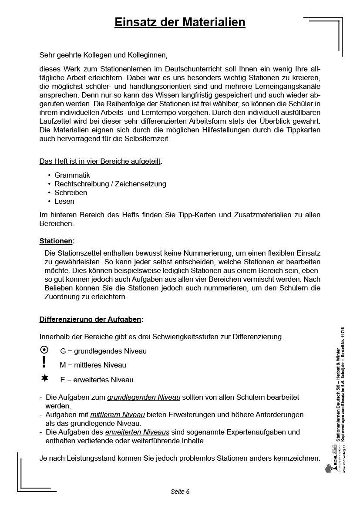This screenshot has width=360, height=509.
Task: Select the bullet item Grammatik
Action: pyautogui.click(x=72, y=175)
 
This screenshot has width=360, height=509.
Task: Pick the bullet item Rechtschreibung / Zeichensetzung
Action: pyautogui.click(x=110, y=184)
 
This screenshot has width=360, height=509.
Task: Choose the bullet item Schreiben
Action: pyautogui.click(x=71, y=192)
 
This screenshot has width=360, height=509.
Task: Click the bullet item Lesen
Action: pyautogui.click(x=64, y=201)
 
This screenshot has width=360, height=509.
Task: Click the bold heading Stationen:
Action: pyautogui.click(x=57, y=240)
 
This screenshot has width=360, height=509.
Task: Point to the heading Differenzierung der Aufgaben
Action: pyautogui.click(x=91, y=319)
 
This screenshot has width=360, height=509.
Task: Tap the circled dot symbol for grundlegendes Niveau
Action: pyautogui.click(x=44, y=350)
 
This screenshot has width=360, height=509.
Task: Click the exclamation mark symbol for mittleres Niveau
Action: pyautogui.click(x=44, y=362)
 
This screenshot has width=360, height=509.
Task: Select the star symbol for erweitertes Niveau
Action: pyautogui.click(x=44, y=378)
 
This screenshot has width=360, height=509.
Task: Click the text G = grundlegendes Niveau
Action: pyautogui.click(x=103, y=351)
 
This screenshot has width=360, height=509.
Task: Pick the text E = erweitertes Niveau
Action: pyautogui.click(x=97, y=380)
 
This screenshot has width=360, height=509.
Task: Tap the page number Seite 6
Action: pyautogui.click(x=180, y=492)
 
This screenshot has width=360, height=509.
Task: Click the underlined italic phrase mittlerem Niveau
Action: pyautogui.click(x=117, y=415)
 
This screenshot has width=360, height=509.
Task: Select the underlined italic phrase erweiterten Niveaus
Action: pyautogui.click(x=137, y=432)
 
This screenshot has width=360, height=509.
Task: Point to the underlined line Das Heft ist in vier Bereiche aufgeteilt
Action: pyautogui.click(x=100, y=161)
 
